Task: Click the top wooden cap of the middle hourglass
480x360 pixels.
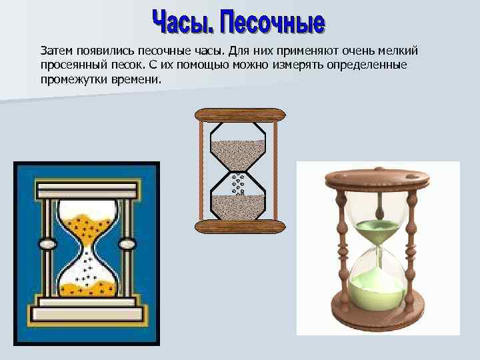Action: tap(238, 115)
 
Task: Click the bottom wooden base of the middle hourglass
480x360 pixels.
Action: tap(238, 227)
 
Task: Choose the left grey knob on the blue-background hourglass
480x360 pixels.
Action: tap(47, 245)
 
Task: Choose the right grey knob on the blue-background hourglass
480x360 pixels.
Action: tap(127, 245)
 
